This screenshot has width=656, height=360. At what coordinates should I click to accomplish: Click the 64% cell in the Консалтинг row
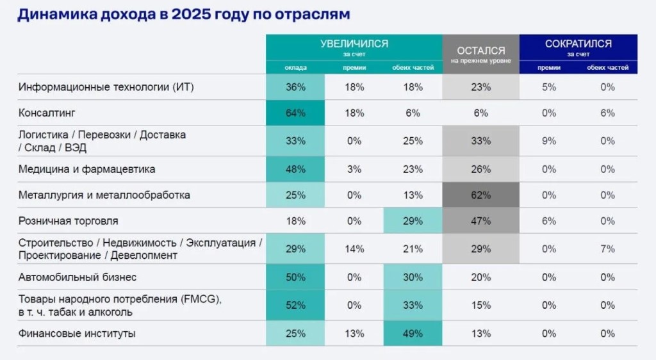(295, 113)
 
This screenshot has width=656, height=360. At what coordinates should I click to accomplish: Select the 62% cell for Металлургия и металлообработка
(480, 195)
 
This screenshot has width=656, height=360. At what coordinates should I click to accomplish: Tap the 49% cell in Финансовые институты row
(413, 333)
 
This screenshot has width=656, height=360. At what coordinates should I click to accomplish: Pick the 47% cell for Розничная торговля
(480, 221)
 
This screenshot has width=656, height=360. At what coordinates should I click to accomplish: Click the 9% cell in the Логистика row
(548, 140)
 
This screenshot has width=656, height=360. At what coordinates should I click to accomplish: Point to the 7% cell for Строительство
(607, 249)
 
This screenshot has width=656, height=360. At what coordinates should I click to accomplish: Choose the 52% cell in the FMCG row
(295, 306)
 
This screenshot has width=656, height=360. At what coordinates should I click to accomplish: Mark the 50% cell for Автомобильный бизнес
(295, 277)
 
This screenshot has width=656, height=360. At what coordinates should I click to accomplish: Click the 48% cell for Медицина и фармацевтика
(295, 169)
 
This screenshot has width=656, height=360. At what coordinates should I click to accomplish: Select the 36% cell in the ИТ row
(295, 87)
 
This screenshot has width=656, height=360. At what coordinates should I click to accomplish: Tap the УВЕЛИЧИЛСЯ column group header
(354, 44)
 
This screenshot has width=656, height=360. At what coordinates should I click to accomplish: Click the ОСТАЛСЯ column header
(480, 51)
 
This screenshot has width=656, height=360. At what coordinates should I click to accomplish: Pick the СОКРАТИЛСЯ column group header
(578, 44)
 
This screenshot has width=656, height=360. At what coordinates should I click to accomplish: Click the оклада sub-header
(295, 67)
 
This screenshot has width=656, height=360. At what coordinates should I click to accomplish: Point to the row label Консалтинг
(47, 113)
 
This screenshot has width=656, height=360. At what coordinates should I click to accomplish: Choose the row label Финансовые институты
(77, 333)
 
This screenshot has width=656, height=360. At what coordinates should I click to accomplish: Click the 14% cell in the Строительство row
(354, 249)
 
